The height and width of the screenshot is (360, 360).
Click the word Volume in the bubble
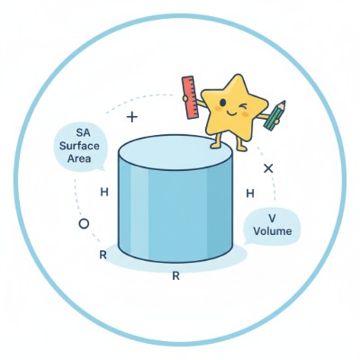(x=272, y=230)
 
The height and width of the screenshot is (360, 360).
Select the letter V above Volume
(x=271, y=217)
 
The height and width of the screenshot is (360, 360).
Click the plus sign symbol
(x=132, y=117)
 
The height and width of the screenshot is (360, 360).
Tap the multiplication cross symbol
(x=267, y=168)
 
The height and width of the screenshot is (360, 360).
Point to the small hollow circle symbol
(x=84, y=222)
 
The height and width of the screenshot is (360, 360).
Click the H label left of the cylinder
(x=104, y=193)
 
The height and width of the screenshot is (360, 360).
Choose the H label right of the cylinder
(x=249, y=193)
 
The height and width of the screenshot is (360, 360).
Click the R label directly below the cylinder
(x=175, y=276)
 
